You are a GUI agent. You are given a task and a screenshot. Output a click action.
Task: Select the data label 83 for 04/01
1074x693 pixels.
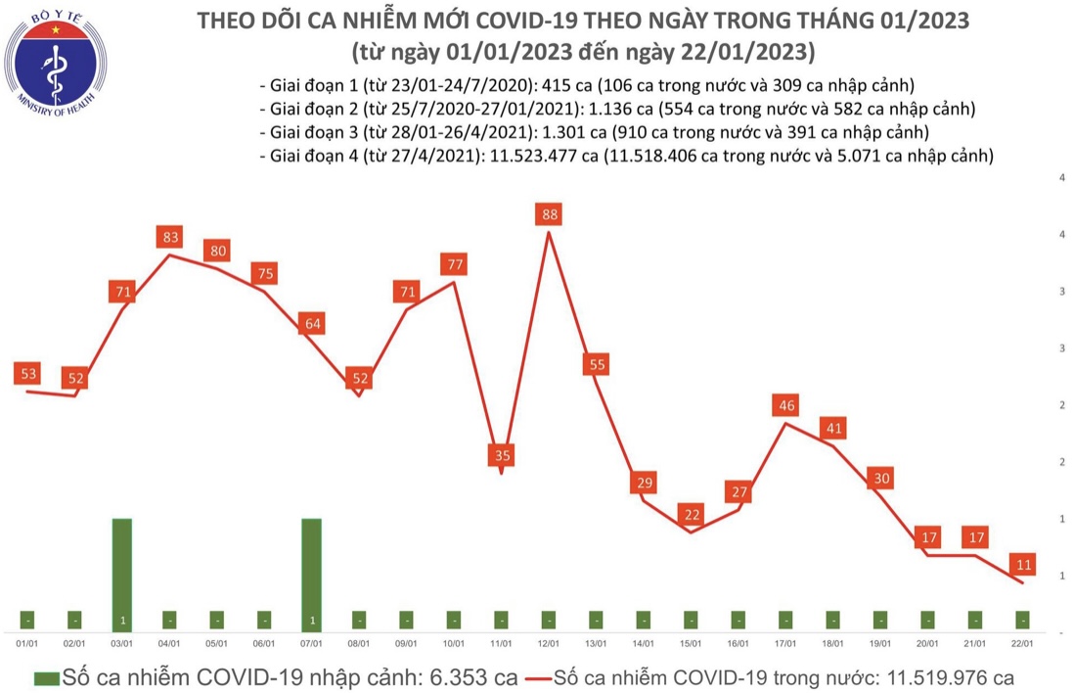170,236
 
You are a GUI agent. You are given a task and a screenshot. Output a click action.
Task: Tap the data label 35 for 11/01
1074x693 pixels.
502,455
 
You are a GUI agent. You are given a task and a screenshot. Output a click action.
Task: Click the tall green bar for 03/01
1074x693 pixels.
122,573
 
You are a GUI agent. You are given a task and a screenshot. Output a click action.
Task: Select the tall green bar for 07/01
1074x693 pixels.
311,573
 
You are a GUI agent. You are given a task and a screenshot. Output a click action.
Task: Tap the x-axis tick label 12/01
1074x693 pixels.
549,644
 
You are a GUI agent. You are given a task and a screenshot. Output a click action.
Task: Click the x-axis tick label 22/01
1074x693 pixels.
1021,644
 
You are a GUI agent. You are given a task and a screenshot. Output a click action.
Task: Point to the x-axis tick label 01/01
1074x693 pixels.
28,644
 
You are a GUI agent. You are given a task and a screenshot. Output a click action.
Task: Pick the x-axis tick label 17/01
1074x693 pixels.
784,644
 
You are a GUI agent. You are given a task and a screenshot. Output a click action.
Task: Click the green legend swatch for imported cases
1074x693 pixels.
45,677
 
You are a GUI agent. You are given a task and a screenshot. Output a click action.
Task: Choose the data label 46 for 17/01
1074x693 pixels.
784,405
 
